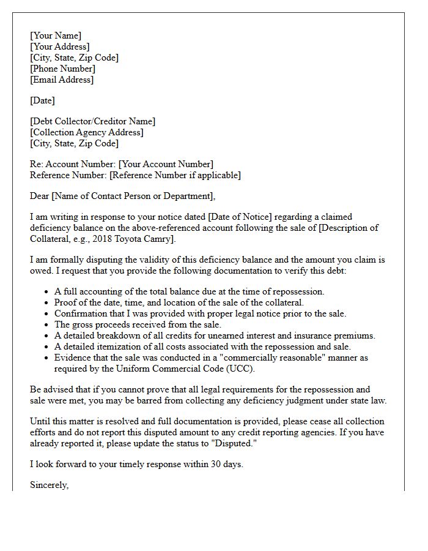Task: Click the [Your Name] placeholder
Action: point(56,36)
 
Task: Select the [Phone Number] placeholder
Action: point(62,69)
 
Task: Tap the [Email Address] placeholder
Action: point(62,80)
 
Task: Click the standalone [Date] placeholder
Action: point(42,100)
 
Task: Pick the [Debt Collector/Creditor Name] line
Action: point(92,121)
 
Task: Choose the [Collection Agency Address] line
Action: point(87,132)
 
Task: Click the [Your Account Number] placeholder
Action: point(166,164)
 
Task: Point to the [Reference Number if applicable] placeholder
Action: point(175,175)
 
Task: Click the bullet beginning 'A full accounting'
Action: point(190,291)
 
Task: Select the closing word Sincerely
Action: point(49,485)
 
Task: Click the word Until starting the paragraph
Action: point(40,421)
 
